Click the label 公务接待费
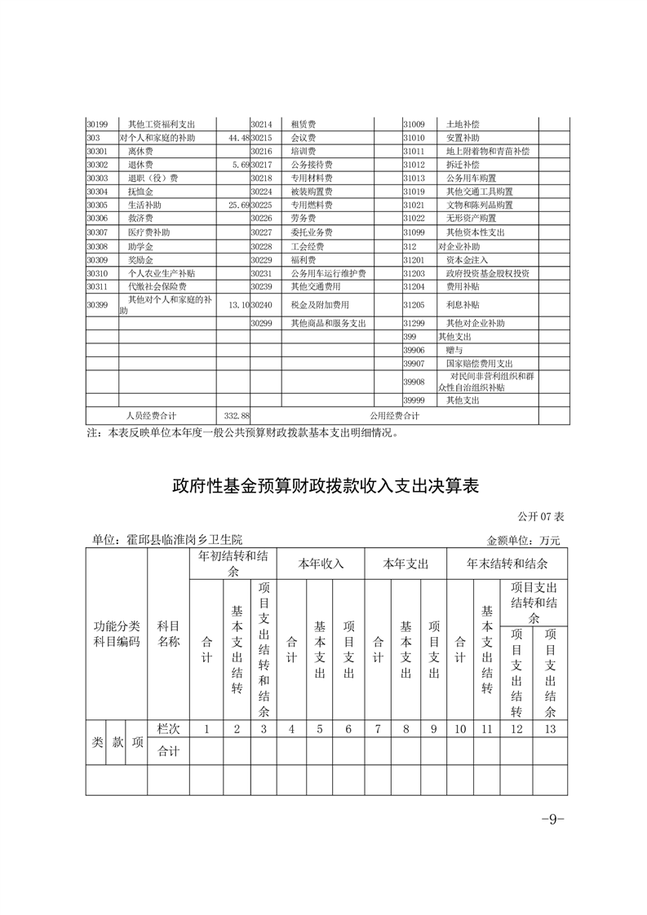point(311,165)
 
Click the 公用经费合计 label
point(394,416)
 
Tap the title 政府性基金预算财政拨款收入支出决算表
point(325,487)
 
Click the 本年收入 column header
point(321,564)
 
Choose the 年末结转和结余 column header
point(507,564)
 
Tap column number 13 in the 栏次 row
point(550,729)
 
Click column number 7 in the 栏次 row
point(377,729)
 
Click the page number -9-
point(553,820)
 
